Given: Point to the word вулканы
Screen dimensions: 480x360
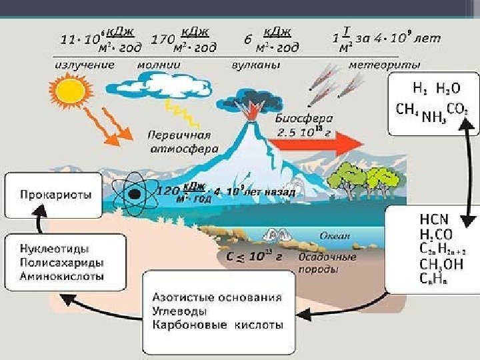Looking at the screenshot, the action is pyautogui.click(x=255, y=65).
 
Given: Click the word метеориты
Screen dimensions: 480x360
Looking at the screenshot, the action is pyautogui.click(x=385, y=65).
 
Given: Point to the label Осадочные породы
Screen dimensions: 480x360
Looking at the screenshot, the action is pyautogui.click(x=327, y=263).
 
